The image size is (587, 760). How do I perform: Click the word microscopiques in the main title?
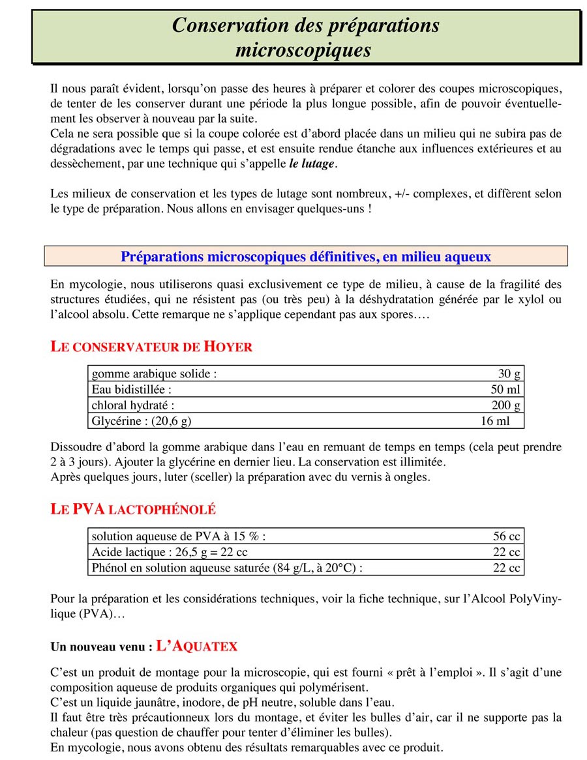point(303,50)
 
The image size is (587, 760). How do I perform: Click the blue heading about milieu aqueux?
point(305,257)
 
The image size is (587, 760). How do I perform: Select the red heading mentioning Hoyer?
point(151,347)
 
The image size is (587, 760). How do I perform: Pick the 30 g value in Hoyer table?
point(508,374)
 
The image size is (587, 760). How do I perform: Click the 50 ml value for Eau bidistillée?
point(505,390)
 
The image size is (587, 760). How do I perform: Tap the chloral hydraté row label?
point(133,405)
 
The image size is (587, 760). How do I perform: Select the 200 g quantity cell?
point(505,405)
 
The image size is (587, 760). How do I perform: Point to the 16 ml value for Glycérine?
point(494,421)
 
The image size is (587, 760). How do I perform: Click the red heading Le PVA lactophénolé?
point(133,509)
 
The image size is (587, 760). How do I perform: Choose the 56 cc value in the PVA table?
point(506,536)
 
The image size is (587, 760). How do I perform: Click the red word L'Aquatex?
point(197,647)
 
